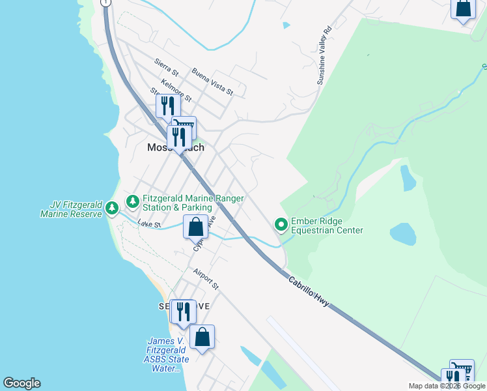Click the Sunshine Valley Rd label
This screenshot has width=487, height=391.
[x=324, y=56]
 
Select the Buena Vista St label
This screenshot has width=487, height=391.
[x=212, y=81]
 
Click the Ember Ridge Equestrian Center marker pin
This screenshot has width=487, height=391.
[x=282, y=225]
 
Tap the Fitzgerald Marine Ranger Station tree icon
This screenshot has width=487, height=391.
[x=133, y=201]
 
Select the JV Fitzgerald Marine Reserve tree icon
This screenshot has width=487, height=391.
[x=113, y=209]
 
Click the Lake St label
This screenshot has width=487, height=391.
[x=149, y=224]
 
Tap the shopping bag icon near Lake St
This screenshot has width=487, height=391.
[x=196, y=227]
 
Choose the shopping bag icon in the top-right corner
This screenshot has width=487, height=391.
[x=463, y=8]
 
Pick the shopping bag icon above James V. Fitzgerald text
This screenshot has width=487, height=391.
[x=202, y=337]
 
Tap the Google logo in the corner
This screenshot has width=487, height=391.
[x=21, y=383]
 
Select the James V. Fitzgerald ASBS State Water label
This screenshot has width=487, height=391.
[x=168, y=355]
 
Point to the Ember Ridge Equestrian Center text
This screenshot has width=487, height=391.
[x=327, y=225]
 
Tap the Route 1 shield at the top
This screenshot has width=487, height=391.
[x=105, y=3]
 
